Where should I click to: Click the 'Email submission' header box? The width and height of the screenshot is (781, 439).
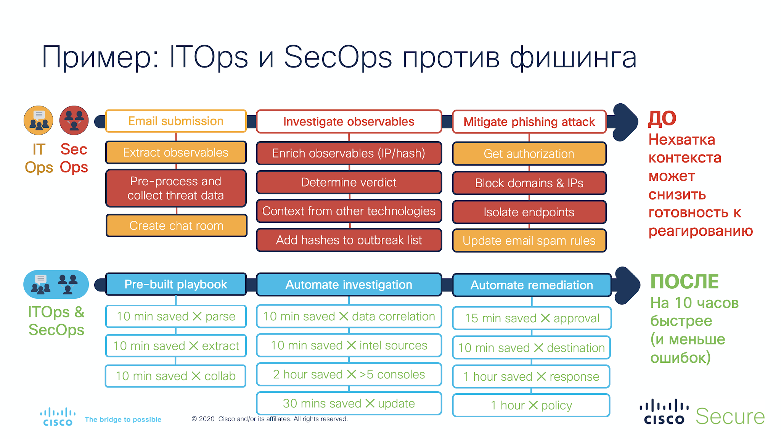coord(176,121)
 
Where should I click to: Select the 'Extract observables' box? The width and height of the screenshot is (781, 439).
coord(176,153)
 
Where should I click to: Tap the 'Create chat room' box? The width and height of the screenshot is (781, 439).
coord(176,225)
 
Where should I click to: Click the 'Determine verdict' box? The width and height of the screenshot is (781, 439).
coord(349,182)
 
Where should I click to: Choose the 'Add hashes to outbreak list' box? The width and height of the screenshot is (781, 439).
coord(349,240)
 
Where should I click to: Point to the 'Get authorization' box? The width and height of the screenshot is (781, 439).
coord(529,154)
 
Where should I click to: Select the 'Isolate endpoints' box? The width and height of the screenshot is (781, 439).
coord(529,212)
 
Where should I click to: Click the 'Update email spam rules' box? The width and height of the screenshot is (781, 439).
coord(529,241)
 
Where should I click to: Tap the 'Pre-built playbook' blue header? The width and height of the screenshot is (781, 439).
coord(176,284)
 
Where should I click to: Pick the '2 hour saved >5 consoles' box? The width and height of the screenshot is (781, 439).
coord(349,375)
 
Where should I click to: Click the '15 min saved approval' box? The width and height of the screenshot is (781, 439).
coord(532,318)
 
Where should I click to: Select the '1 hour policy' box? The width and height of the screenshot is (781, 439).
coord(531,405)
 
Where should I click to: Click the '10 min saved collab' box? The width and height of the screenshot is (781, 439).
coord(175,376)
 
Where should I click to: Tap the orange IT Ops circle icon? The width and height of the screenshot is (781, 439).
coord(39,121)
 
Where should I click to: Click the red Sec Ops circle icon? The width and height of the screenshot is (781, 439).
coord(74,121)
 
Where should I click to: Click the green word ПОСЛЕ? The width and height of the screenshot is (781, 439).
coord(684,281)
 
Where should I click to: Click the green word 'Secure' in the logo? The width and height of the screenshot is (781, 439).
coord(730,416)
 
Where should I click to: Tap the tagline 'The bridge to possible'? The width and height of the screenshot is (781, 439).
coord(123,420)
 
